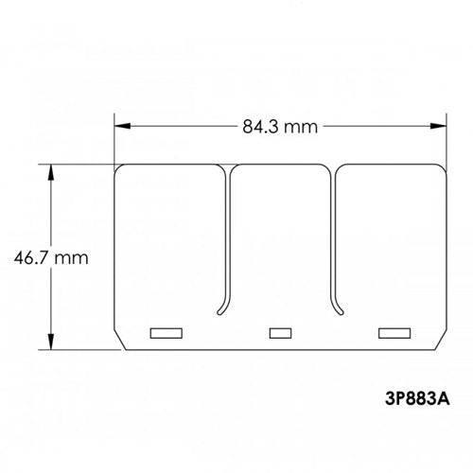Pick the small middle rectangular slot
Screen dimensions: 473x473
click(279, 332)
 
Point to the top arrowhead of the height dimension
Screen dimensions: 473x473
click(50, 169)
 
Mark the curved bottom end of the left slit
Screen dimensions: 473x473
click(219, 308)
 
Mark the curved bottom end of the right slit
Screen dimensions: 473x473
click(339, 308)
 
